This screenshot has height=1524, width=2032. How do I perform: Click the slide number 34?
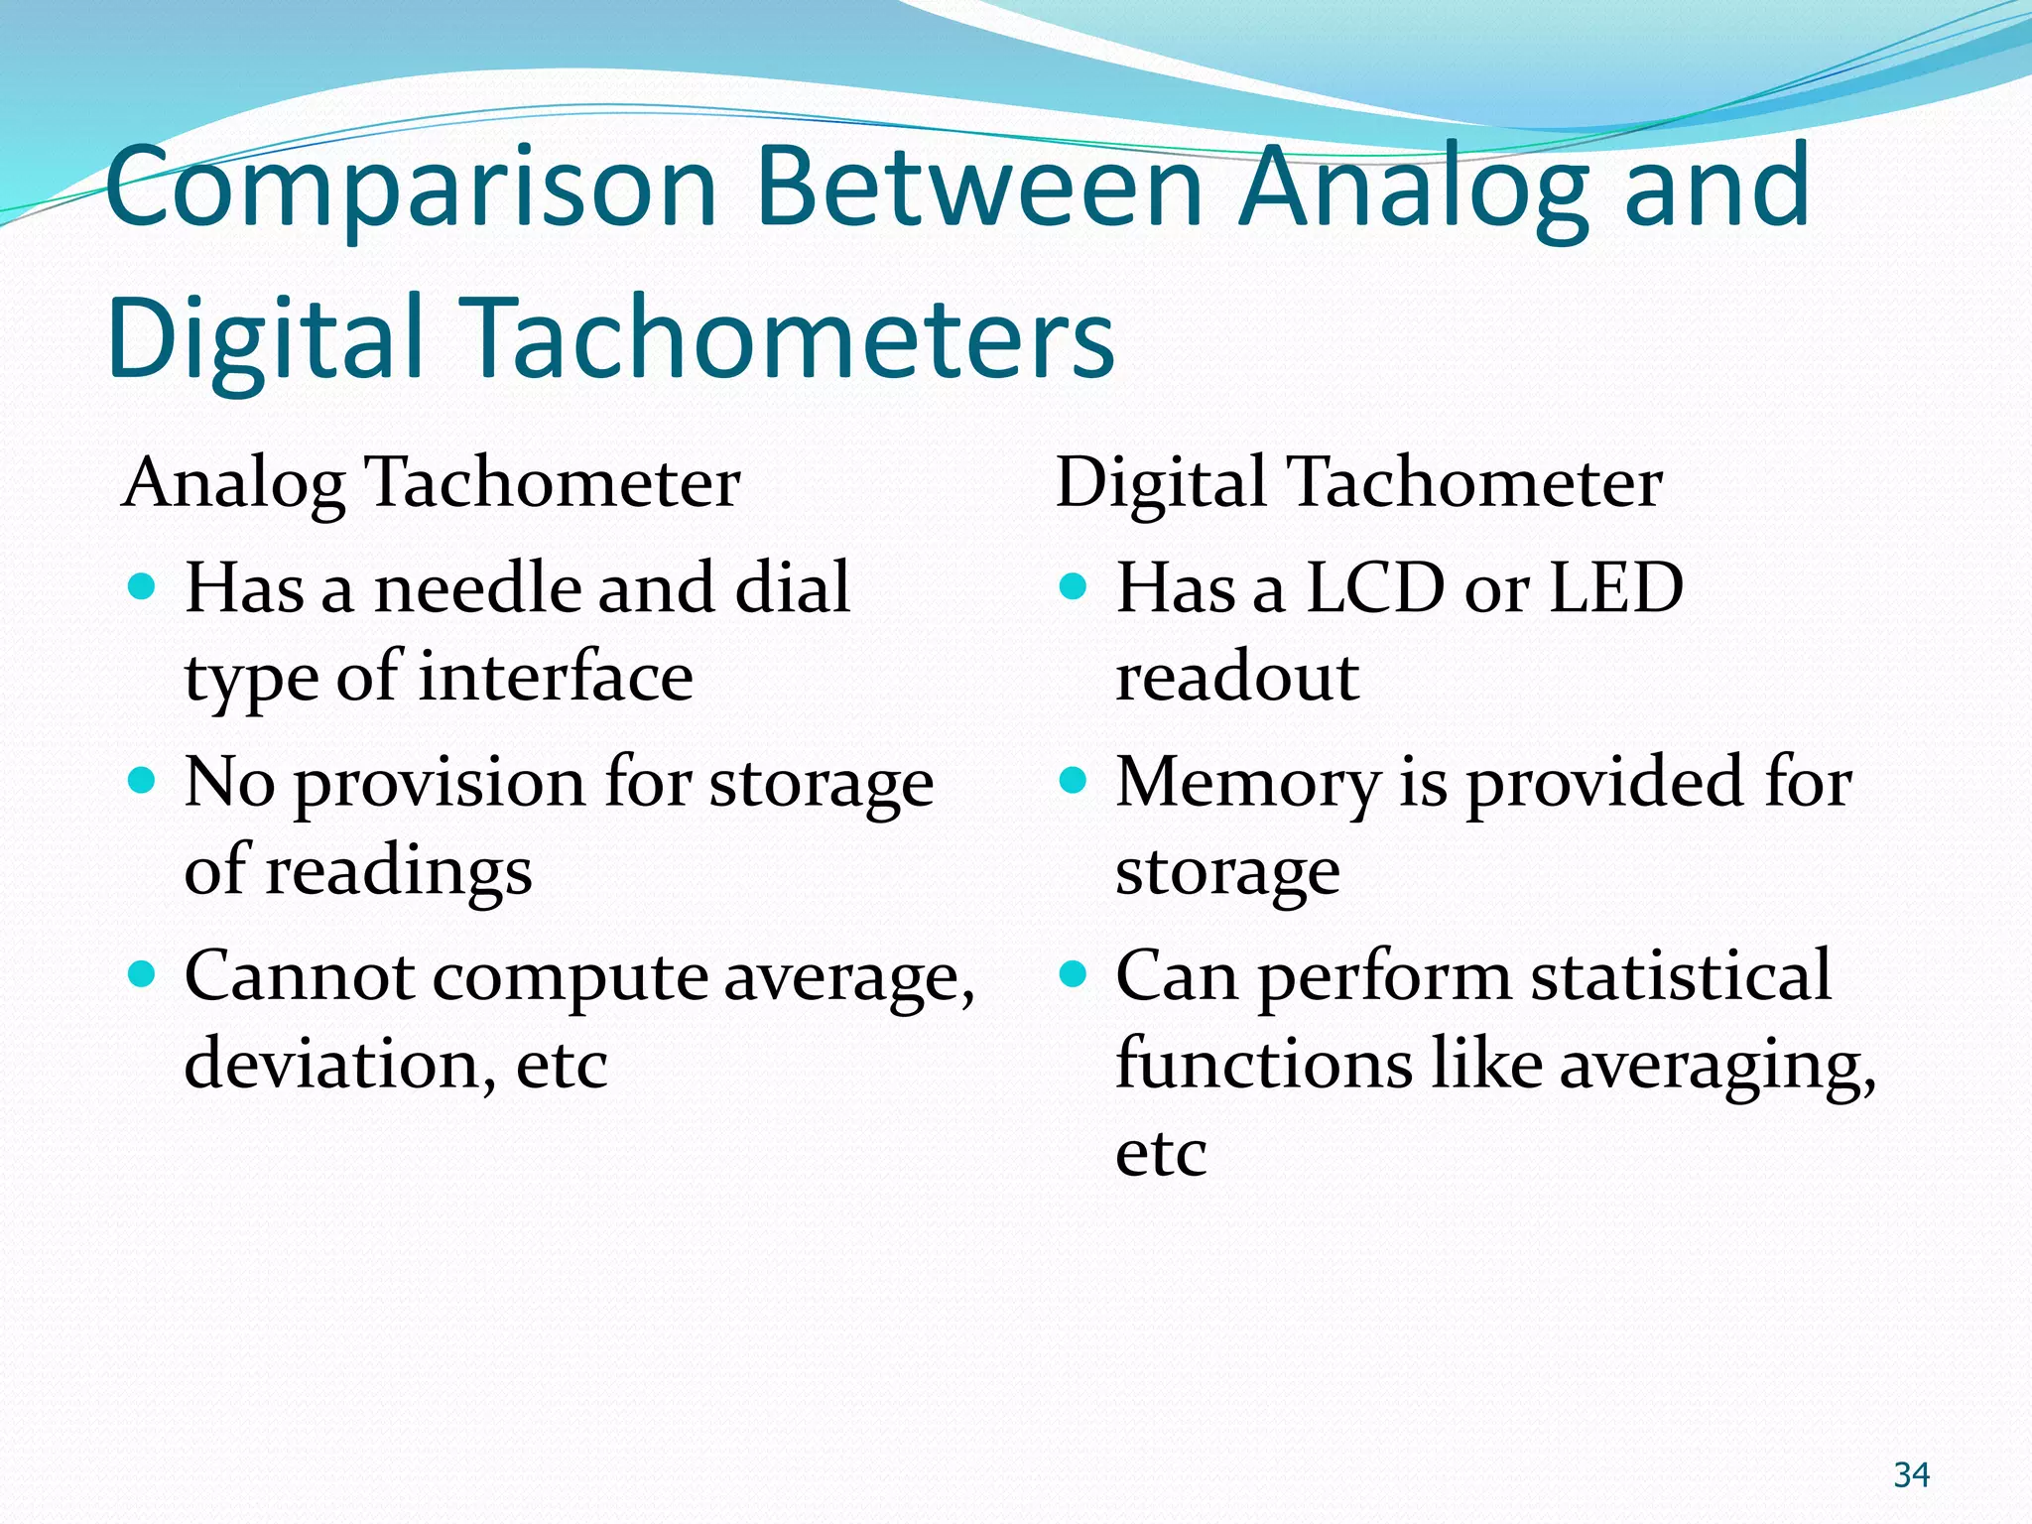[x=1911, y=1474]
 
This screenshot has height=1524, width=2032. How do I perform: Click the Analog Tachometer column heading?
[x=431, y=483]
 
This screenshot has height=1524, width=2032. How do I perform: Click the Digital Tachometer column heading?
[x=1358, y=483]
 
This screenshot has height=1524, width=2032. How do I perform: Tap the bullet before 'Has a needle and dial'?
[x=143, y=587]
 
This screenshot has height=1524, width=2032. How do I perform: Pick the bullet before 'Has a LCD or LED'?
[x=1074, y=587]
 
